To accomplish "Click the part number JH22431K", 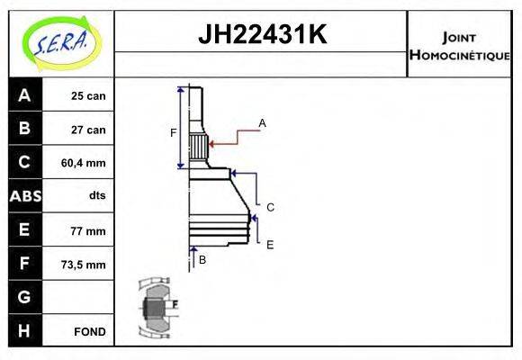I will tap(261, 36).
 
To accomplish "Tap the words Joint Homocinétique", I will tap(459, 45).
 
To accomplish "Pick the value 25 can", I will tap(88, 96).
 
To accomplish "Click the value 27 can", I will tap(88, 130).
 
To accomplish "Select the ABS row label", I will tap(24, 196).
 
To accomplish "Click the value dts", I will tap(97, 196).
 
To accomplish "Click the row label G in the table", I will tap(24, 297).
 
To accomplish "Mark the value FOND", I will tap(90, 331).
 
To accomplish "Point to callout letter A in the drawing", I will tap(263, 122).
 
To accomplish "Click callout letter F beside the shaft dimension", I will tap(174, 133).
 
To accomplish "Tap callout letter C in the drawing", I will tap(270, 207).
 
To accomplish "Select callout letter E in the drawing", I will tap(270, 244).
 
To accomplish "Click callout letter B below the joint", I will tap(202, 259).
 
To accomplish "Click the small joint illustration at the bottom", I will tap(157, 309).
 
